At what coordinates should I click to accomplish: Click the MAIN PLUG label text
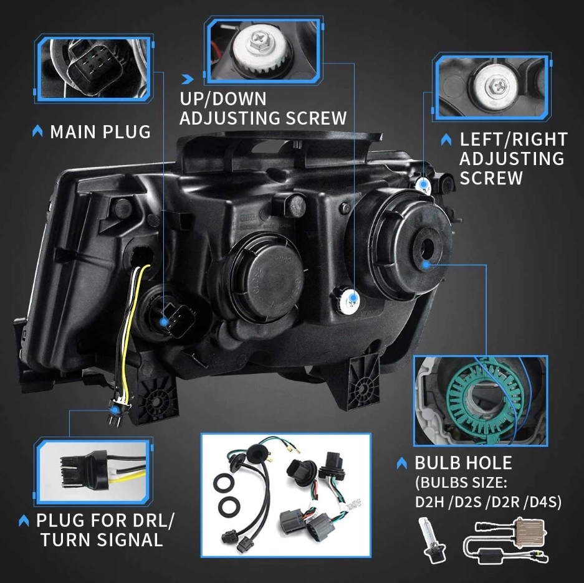pyautogui.click(x=100, y=132)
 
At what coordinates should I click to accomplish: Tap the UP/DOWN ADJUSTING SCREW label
pyautogui.click(x=262, y=108)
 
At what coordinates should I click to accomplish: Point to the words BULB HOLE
pyautogui.click(x=463, y=463)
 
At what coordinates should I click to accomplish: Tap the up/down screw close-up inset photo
pyautogui.click(x=264, y=50)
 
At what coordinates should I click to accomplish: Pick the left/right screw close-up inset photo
pyautogui.click(x=492, y=87)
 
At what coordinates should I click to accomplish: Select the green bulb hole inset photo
pyautogui.click(x=480, y=401)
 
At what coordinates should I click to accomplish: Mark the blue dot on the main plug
pyautogui.click(x=164, y=322)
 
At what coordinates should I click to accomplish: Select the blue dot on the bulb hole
pyautogui.click(x=426, y=263)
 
